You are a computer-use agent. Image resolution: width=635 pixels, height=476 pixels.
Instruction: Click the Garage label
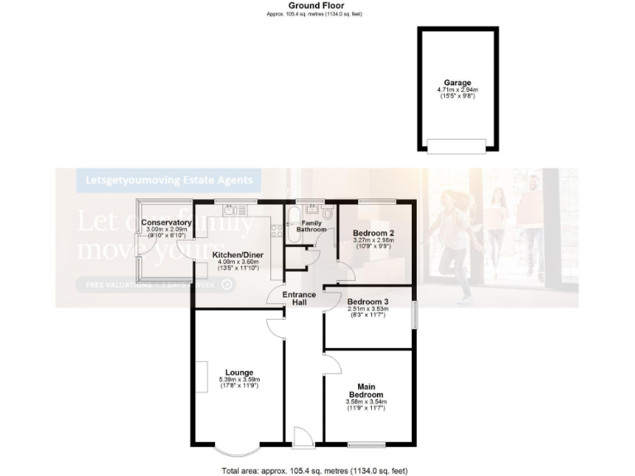pos(458,83)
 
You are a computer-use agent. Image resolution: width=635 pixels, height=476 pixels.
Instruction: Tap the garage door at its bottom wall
pos(457,145)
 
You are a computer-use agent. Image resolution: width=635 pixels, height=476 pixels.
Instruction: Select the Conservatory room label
pos(166,223)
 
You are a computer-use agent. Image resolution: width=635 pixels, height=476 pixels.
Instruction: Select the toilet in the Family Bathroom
pos(329,213)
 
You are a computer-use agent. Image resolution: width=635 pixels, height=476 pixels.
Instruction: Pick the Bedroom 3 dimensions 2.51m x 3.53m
pos(368,309)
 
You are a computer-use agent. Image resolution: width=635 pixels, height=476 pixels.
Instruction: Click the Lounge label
pos(239,372)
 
